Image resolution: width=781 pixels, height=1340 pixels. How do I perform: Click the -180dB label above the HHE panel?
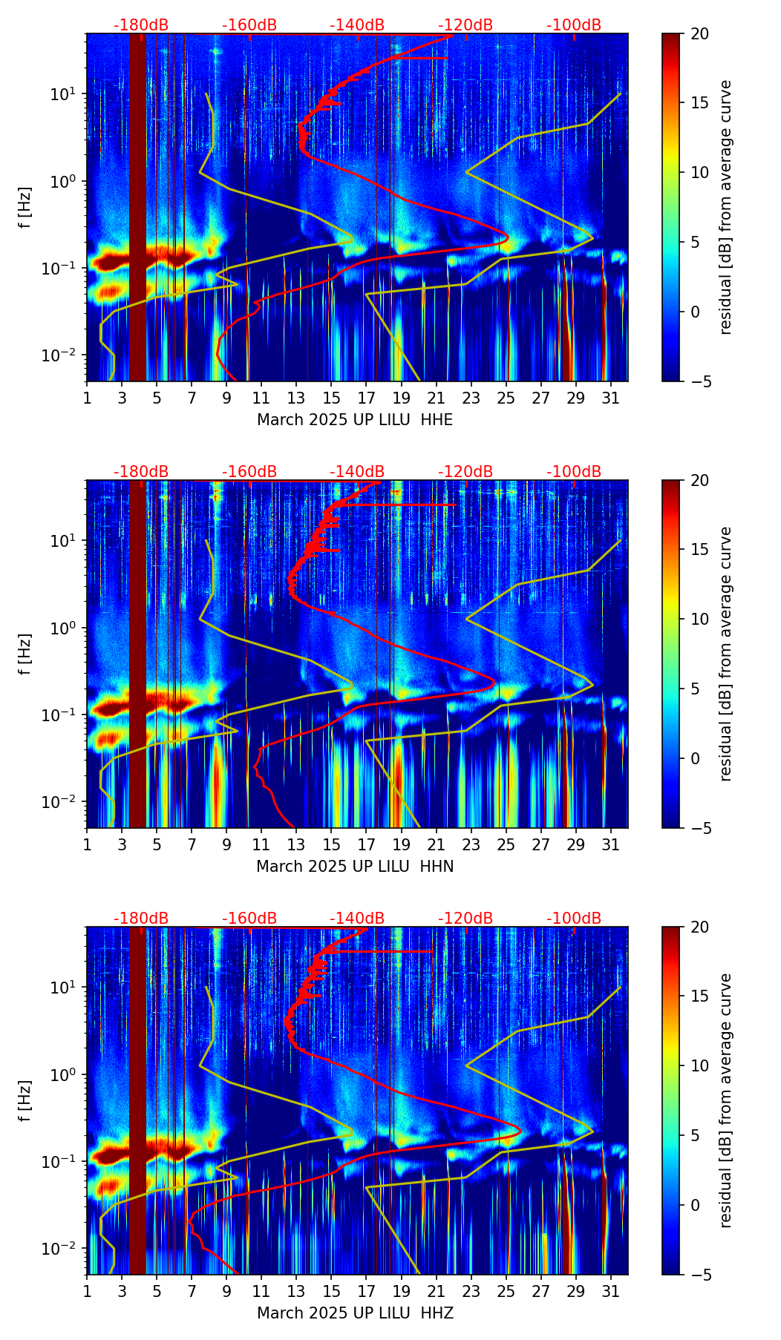click(x=141, y=25)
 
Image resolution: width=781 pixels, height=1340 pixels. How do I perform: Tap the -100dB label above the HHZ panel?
click(x=574, y=919)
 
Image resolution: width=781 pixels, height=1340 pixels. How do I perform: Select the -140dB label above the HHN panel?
click(x=357, y=472)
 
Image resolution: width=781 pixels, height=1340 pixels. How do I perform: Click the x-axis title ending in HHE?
click(x=355, y=420)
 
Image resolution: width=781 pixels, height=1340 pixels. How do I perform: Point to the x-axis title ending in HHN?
click(x=355, y=867)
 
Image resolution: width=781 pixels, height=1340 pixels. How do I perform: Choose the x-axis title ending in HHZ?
click(x=355, y=1313)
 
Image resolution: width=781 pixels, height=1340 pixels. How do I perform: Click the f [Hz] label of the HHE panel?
click(x=25, y=207)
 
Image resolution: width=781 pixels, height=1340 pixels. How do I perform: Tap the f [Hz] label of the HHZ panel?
click(x=25, y=1100)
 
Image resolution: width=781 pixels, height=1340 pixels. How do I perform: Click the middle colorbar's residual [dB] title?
click(x=726, y=654)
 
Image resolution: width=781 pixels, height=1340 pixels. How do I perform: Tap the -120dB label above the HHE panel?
click(x=465, y=25)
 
